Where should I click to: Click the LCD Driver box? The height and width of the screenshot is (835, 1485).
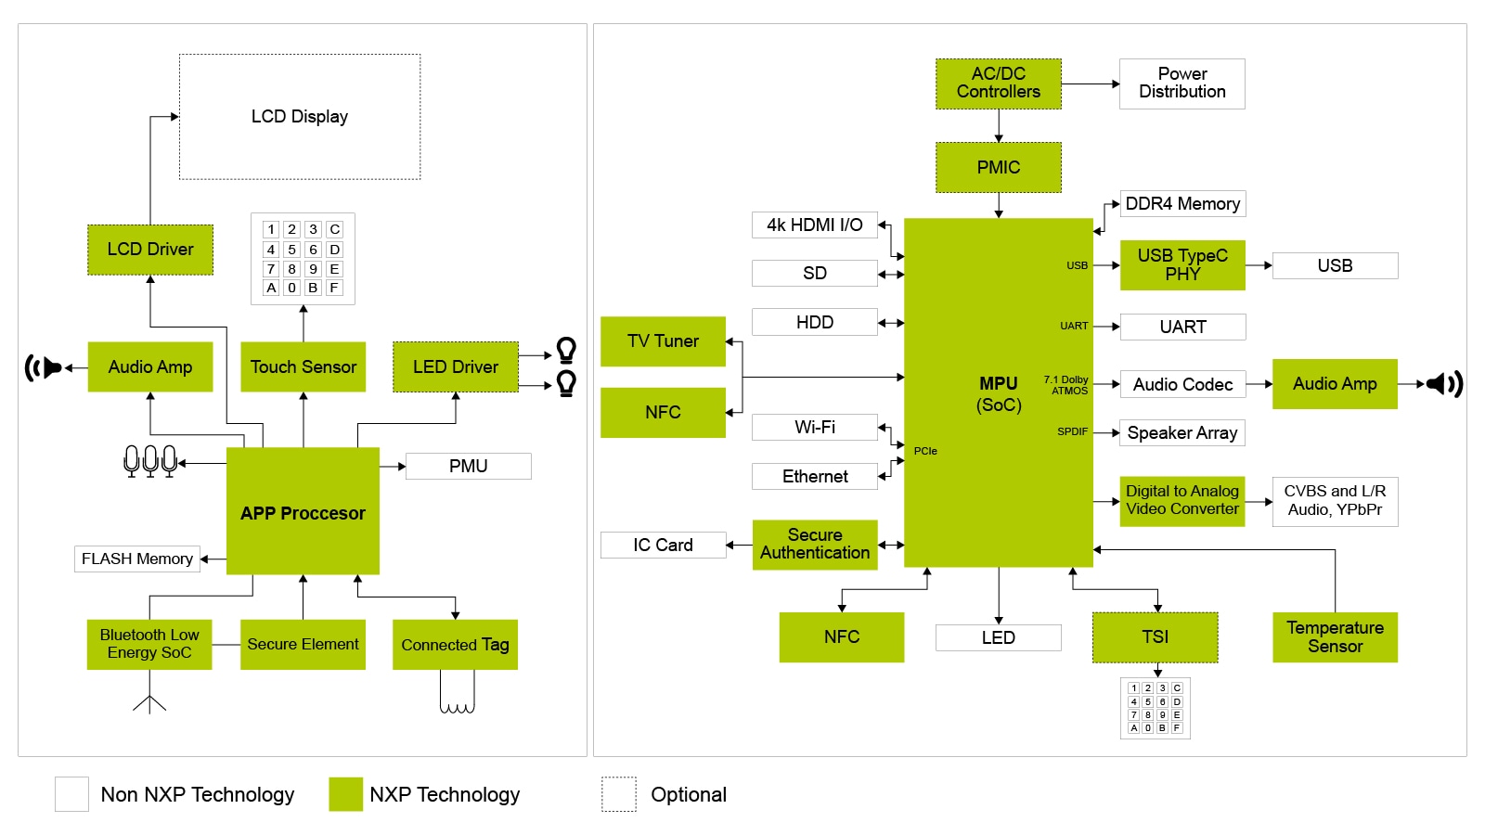pyautogui.click(x=150, y=250)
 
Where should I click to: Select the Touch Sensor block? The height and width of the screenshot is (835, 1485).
pyautogui.click(x=303, y=366)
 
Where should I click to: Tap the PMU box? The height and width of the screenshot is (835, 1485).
pyautogui.click(x=468, y=466)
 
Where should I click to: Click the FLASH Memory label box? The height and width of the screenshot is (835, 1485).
pyautogui.click(x=137, y=559)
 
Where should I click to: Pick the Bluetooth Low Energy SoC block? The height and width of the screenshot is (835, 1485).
pyautogui.click(x=149, y=644)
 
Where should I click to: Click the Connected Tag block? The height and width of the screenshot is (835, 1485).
pyautogui.click(x=455, y=645)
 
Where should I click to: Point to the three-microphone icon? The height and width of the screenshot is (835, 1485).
pyautogui.click(x=150, y=461)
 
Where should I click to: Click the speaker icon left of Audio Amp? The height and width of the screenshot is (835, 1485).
pyautogui.click(x=44, y=367)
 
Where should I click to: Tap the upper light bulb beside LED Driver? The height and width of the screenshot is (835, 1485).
pyautogui.click(x=566, y=350)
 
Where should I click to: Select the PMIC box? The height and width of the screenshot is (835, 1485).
pyautogui.click(x=998, y=167)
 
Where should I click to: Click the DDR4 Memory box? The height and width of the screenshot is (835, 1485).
pyautogui.click(x=1182, y=204)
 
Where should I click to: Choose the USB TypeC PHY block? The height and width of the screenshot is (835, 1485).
pyautogui.click(x=1182, y=265)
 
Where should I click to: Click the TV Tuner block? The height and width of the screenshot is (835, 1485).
pyautogui.click(x=663, y=341)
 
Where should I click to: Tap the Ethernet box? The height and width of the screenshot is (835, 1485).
pyautogui.click(x=814, y=476)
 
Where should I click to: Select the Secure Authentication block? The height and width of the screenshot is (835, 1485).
pyautogui.click(x=814, y=544)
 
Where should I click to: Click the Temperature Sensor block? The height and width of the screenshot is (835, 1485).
pyautogui.click(x=1335, y=637)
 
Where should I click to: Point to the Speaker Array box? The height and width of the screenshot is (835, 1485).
pyautogui.click(x=1182, y=433)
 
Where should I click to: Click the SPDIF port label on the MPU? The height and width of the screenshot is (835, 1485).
pyautogui.click(x=1072, y=432)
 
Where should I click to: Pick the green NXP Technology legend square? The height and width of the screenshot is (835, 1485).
pyautogui.click(x=345, y=794)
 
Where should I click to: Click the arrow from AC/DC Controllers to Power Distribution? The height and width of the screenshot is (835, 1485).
pyautogui.click(x=1091, y=84)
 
